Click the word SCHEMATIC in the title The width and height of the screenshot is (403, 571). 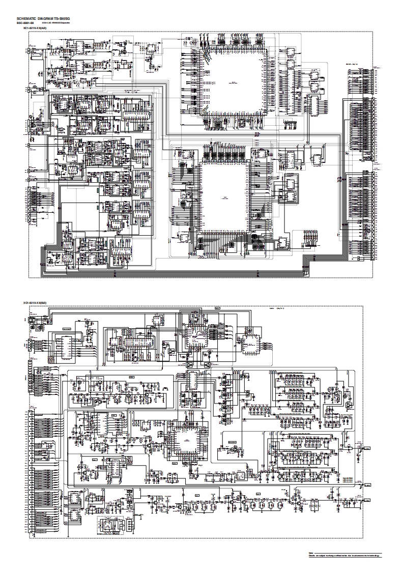tap(27, 18)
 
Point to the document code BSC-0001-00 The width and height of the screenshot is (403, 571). tap(25, 23)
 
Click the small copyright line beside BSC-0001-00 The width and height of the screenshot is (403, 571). tap(55, 23)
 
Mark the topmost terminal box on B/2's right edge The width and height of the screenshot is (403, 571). tap(366, 450)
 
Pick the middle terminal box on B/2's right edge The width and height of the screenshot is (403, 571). tap(366, 486)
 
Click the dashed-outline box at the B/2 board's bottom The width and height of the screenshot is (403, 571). tap(111, 525)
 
